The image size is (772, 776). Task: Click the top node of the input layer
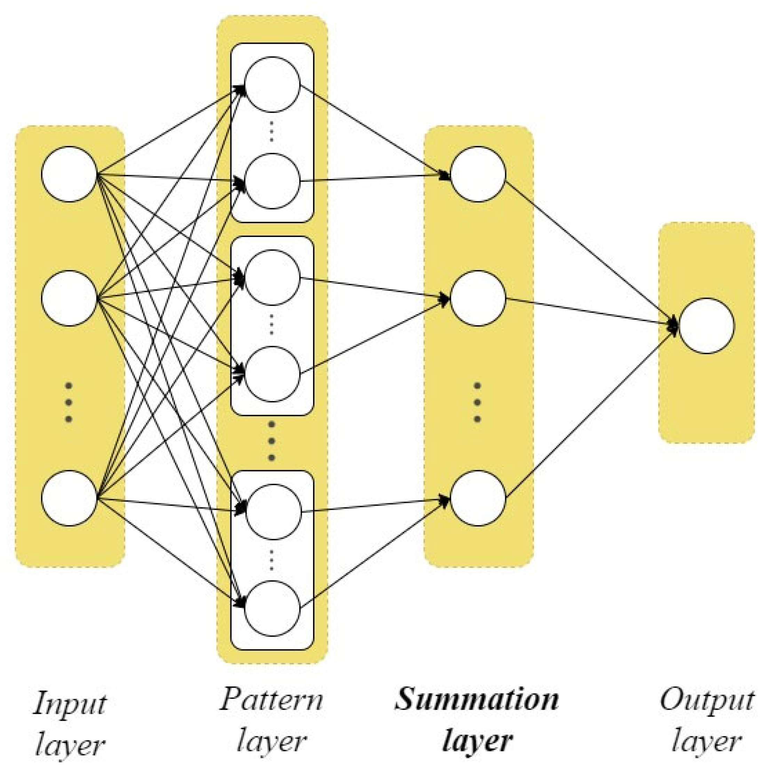pyautogui.click(x=69, y=174)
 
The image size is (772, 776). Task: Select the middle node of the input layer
pyautogui.click(x=69, y=298)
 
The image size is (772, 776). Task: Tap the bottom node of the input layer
pyautogui.click(x=69, y=498)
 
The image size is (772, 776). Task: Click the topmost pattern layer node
pyautogui.click(x=272, y=84)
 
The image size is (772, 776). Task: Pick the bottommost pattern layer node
pyautogui.click(x=272, y=608)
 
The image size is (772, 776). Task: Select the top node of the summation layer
pyautogui.click(x=478, y=174)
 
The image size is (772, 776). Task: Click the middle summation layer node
pyautogui.click(x=478, y=298)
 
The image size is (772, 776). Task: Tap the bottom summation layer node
pyautogui.click(x=478, y=498)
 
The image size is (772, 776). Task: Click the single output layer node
pyautogui.click(x=707, y=326)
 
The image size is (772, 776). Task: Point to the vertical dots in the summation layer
pyautogui.click(x=477, y=402)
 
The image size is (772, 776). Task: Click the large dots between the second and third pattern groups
pyautogui.click(x=271, y=441)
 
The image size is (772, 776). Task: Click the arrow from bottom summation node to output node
pyautogui.click(x=591, y=414)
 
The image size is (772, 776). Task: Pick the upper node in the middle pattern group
pyautogui.click(x=272, y=277)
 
